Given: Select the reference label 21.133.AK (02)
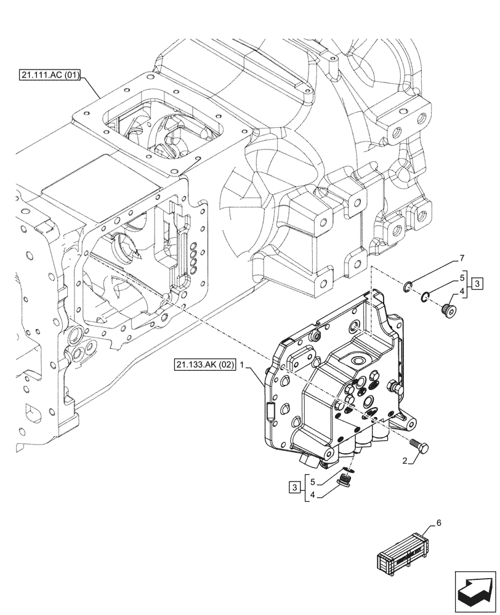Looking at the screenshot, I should pyautogui.click(x=205, y=365).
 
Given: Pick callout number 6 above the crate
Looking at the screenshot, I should pyautogui.click(x=438, y=523).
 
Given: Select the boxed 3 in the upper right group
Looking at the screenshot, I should pyautogui.click(x=478, y=284).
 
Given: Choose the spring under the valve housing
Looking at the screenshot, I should pyautogui.click(x=347, y=476).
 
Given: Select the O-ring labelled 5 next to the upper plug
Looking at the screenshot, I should pyautogui.click(x=425, y=298).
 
